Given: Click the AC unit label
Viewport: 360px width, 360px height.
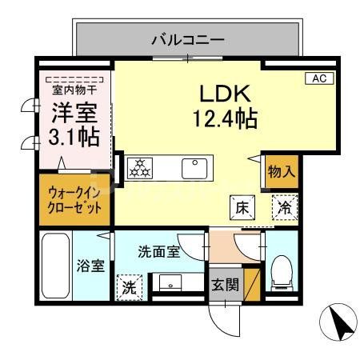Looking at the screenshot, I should point(318,78).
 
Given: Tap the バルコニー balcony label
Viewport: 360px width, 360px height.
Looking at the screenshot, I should point(187,38).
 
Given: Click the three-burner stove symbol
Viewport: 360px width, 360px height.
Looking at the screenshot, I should point(140,168).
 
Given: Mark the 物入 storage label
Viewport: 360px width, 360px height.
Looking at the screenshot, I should point(282,170).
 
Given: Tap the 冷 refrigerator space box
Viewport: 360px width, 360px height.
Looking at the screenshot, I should point(283,206).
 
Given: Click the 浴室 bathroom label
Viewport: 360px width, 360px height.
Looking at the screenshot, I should point(90,266).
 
